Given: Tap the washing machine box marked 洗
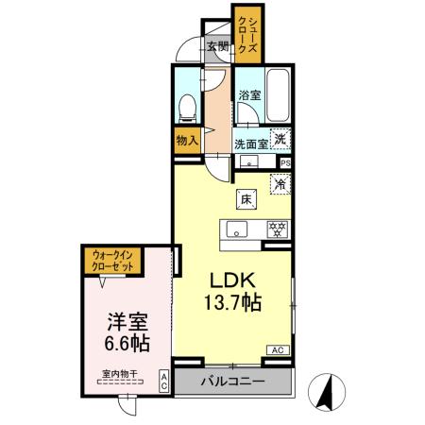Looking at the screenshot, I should click(280, 139).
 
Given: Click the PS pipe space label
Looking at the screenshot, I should click(285, 162).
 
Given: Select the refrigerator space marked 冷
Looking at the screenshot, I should click(280, 184).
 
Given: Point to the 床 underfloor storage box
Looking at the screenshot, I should click(244, 199).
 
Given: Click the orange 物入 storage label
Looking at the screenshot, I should click(187, 140).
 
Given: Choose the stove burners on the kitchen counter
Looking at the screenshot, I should click(277, 229).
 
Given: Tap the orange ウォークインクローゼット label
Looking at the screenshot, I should click(111, 259).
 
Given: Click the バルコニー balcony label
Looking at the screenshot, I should click(232, 382).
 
